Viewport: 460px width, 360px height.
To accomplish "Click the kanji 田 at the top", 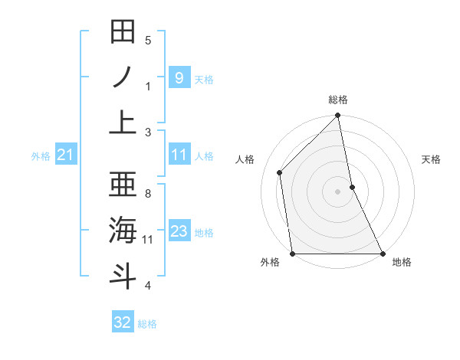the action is [x=123, y=32].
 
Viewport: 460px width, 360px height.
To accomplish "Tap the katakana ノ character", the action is [x=123, y=77].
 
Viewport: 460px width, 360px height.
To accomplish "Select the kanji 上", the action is [x=123, y=123].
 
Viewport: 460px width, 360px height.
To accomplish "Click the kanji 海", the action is [x=123, y=230].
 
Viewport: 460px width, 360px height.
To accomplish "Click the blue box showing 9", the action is [x=179, y=77].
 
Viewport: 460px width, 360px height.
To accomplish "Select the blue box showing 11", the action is [x=179, y=155].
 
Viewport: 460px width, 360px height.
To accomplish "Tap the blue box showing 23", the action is [x=179, y=231].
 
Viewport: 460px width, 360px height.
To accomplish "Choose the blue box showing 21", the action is [x=66, y=155].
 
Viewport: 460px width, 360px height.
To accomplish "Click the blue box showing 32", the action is [x=123, y=322].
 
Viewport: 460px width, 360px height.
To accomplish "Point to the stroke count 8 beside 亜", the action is [x=148, y=194].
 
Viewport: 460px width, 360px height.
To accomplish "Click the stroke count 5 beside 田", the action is [x=148, y=41].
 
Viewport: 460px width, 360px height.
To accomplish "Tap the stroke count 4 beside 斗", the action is [x=148, y=286].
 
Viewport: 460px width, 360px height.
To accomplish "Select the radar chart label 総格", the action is [x=338, y=100].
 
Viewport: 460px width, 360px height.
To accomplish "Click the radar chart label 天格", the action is [x=432, y=159].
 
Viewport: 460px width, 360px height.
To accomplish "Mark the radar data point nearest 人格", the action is [x=280, y=172].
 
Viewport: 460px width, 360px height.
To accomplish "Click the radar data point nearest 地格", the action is [x=383, y=254].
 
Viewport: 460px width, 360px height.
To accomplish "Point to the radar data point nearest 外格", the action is [x=293, y=254].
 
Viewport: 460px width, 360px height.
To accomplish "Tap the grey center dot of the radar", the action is [x=338, y=191].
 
